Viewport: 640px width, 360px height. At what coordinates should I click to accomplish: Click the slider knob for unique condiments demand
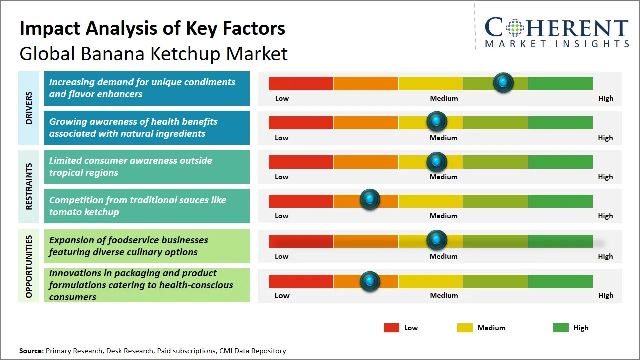point(503,82)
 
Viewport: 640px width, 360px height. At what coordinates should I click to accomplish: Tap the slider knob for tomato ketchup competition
point(370,200)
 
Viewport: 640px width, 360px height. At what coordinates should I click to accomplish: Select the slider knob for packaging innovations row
point(370,281)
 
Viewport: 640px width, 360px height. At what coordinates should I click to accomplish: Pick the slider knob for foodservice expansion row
point(437,240)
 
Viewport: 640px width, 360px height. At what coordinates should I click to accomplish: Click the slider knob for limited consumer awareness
point(437,162)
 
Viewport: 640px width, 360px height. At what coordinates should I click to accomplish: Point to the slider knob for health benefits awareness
point(437,121)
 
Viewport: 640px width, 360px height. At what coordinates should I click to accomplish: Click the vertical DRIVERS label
point(29,108)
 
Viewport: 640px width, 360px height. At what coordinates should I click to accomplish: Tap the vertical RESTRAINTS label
point(29,186)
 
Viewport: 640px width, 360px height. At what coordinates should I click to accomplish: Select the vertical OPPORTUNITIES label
point(29,266)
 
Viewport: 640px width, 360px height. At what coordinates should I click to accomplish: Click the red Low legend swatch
point(391,328)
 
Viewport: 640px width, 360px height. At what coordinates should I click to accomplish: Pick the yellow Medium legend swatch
point(465,328)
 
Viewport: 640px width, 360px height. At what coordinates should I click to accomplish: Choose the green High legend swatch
point(561,328)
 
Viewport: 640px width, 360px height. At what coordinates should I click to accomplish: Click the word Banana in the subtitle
point(105,54)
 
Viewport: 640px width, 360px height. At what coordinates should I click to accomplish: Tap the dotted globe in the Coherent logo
point(514,28)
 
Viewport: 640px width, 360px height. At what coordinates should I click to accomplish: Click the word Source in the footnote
point(31,351)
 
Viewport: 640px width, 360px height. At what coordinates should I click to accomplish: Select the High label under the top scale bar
point(605,98)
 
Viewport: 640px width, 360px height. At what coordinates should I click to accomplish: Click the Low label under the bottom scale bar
point(282,295)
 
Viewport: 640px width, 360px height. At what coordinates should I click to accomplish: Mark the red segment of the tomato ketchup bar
point(301,201)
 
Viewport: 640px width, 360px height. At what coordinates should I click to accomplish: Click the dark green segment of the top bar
point(560,83)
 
